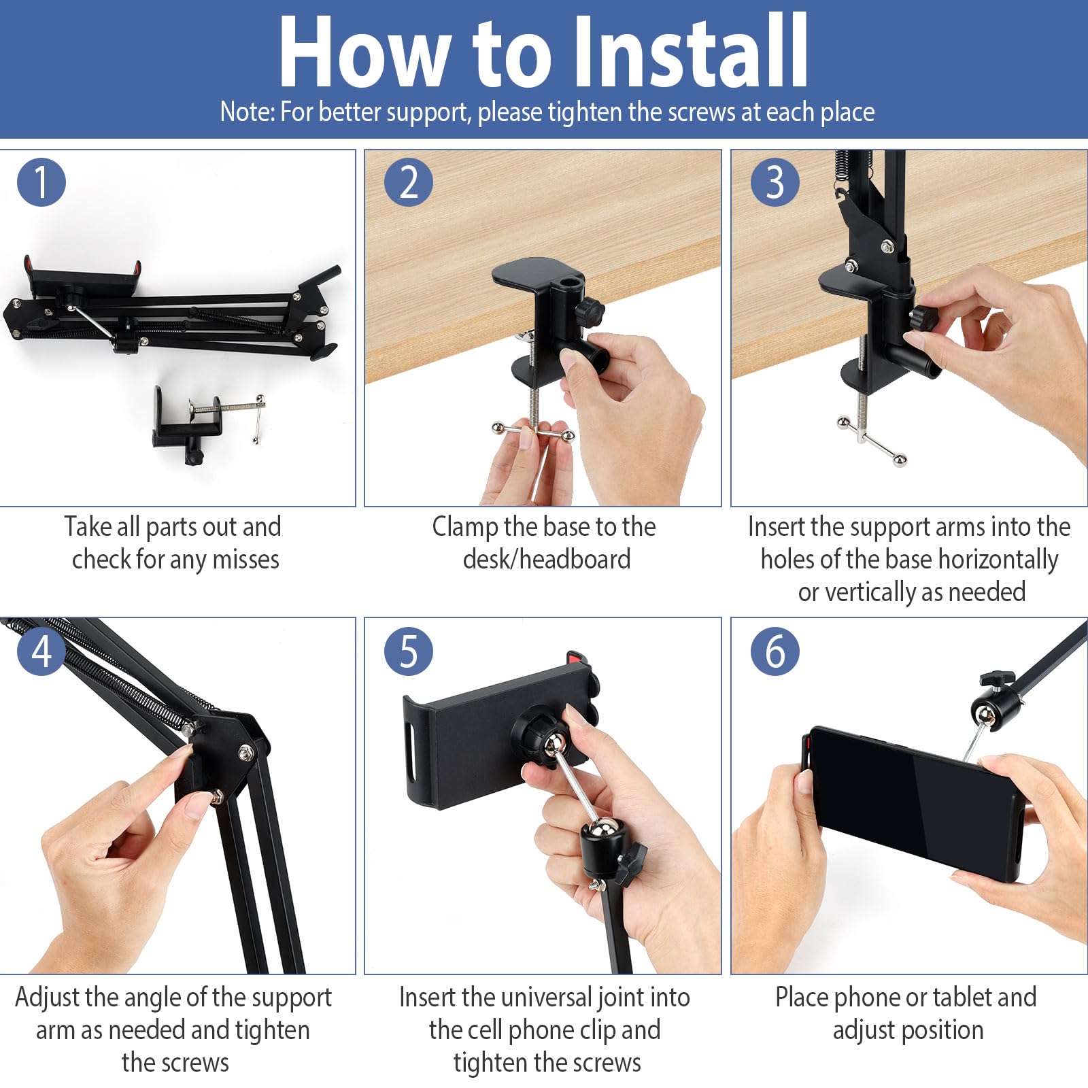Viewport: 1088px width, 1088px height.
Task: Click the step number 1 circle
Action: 41,182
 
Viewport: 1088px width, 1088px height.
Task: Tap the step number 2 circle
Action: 408,182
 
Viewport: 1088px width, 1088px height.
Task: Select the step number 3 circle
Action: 775,182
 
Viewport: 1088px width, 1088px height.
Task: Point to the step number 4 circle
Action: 41,651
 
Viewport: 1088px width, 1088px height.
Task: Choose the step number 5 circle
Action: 408,651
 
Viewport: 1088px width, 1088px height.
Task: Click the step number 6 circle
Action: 775,651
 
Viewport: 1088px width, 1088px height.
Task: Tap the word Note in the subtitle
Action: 247,112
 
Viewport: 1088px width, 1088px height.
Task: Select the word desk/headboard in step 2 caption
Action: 547,560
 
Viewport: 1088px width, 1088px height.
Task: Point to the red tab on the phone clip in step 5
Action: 576,658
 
